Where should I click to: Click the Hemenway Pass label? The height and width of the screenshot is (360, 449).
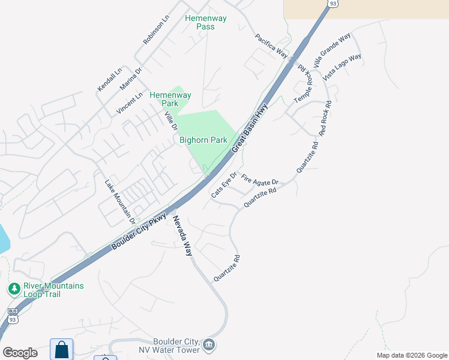205,22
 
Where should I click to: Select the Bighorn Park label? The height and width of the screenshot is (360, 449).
203,140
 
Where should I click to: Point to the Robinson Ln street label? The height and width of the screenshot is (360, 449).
156,29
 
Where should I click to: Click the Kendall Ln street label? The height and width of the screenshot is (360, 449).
109,79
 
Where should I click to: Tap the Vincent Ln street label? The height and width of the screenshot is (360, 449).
130,103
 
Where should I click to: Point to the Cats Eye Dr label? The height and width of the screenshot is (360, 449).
224,185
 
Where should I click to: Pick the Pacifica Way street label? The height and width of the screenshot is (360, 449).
272,46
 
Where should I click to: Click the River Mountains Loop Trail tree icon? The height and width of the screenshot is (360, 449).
14,289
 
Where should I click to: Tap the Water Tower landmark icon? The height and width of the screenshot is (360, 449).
209,344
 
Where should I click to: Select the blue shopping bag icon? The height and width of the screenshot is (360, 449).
61,349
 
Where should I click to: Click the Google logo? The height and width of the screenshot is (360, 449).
20,353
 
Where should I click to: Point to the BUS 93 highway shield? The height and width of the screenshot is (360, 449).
13,316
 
